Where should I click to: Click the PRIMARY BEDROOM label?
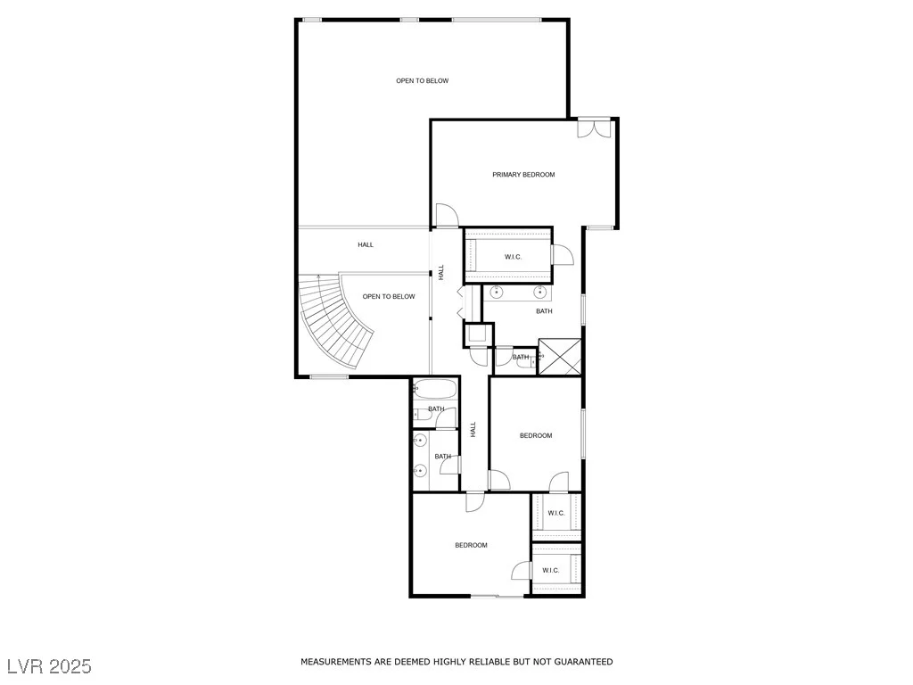pyautogui.click(x=523, y=175)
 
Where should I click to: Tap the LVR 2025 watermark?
pyautogui.click(x=50, y=666)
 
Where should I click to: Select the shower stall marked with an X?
pyautogui.click(x=560, y=357)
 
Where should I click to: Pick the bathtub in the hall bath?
pyautogui.click(x=435, y=389)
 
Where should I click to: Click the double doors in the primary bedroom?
pyautogui.click(x=594, y=128)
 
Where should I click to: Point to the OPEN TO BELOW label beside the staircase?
pyautogui.click(x=389, y=296)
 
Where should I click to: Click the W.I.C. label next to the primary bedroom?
pyautogui.click(x=513, y=257)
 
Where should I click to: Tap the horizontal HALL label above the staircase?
pyautogui.click(x=366, y=245)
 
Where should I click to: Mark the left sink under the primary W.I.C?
pyautogui.click(x=497, y=292)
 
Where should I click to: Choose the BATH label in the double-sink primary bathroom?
pyautogui.click(x=545, y=311)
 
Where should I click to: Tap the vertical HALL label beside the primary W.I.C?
pyautogui.click(x=441, y=272)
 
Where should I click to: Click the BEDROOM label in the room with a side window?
pyautogui.click(x=536, y=435)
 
